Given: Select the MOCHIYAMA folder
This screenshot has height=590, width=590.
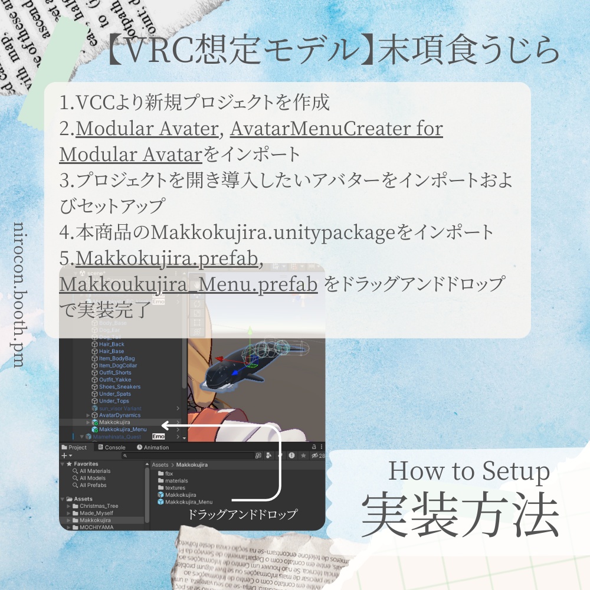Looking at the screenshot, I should pyautogui.click(x=96, y=527).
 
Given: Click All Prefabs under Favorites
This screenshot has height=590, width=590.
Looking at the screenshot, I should pyautogui.click(x=93, y=486).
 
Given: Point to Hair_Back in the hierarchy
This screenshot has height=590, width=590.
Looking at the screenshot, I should pyautogui.click(x=112, y=344).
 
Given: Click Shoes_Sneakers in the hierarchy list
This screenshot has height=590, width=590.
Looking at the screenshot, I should pyautogui.click(x=120, y=387).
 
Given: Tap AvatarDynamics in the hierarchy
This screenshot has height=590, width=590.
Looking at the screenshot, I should pyautogui.click(x=120, y=415).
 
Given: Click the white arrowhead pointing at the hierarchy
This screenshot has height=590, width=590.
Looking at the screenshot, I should pyautogui.click(x=166, y=424).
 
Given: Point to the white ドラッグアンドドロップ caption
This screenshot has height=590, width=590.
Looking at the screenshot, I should pyautogui.click(x=242, y=514).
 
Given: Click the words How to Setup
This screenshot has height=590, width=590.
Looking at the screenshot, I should pyautogui.click(x=468, y=471).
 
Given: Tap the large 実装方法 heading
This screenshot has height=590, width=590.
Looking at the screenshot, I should pyautogui.click(x=461, y=514).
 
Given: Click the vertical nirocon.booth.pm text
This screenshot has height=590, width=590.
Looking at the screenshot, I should pyautogui.click(x=18, y=295).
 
